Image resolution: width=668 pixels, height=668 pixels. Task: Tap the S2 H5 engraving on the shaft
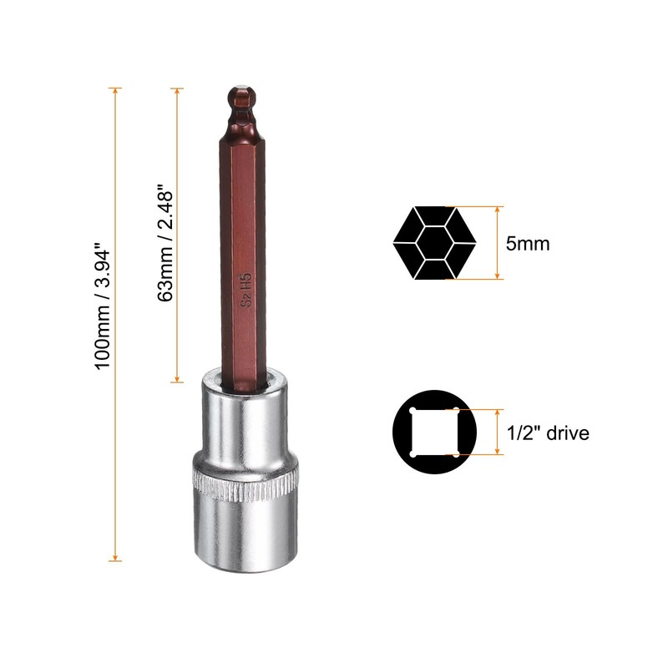246,290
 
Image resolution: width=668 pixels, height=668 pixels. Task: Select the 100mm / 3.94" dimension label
103,306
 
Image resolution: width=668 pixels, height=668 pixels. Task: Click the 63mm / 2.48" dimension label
165,243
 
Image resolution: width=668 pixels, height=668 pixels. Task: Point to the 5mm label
528,244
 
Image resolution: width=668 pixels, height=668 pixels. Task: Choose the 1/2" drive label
548,433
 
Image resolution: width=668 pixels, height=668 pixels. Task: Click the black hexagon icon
434,243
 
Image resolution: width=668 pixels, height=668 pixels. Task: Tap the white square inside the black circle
434,433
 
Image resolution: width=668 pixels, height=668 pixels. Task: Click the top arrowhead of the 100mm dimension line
115,92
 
